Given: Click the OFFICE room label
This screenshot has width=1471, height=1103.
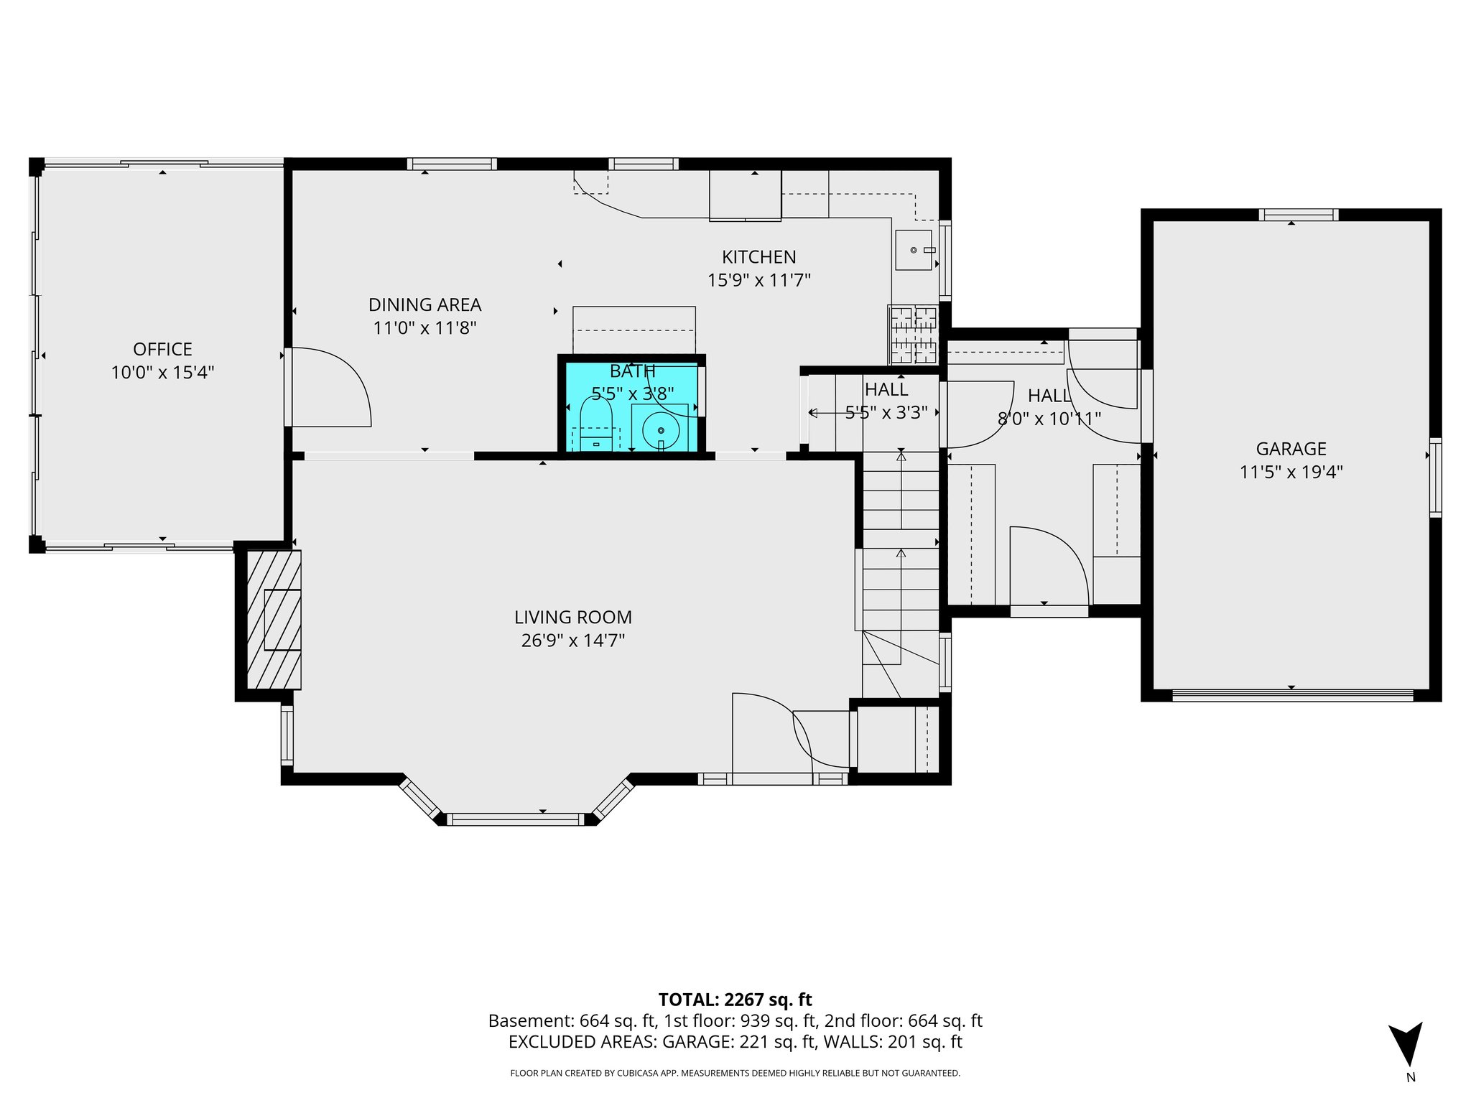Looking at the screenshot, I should (162, 350).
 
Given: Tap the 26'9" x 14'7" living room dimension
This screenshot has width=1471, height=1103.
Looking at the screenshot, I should (572, 641).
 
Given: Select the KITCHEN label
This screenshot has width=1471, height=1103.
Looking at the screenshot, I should (758, 257).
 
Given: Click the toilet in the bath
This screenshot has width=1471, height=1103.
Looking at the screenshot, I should (595, 424).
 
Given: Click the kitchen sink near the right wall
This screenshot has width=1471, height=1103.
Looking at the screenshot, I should (914, 250).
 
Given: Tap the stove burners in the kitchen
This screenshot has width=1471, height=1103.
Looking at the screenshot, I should (914, 335).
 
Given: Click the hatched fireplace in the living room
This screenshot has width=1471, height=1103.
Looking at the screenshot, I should (274, 620).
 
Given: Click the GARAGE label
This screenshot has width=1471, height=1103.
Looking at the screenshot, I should (1291, 450).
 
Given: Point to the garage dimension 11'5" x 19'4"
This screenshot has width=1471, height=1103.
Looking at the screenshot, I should (1291, 473).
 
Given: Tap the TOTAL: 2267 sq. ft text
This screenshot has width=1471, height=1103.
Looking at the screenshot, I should (735, 1000).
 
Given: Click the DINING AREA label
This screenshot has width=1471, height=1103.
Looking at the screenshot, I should (424, 305).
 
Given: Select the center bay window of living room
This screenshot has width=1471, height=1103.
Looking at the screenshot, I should (515, 819).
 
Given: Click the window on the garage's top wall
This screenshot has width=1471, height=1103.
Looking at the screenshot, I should (1298, 215).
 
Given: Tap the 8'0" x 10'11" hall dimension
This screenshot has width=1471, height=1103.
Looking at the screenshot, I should (1049, 419).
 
